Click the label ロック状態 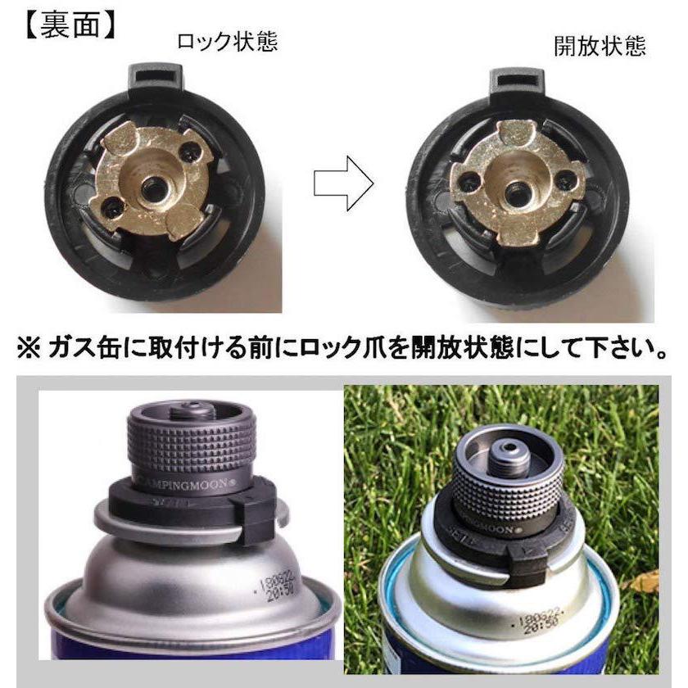click(x=227, y=41)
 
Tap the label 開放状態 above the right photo click(x=600, y=46)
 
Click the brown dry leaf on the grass click(x=645, y=581)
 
